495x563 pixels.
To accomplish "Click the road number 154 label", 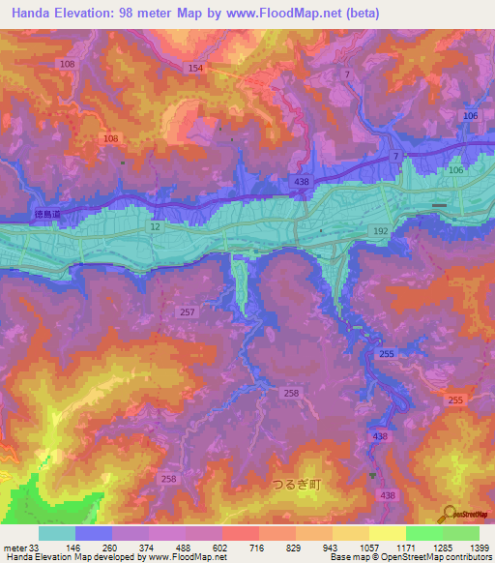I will (195, 68).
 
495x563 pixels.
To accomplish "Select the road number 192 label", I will (381, 232).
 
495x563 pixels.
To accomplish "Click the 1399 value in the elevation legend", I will (479, 547).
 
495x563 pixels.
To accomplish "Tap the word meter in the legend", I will (14, 547).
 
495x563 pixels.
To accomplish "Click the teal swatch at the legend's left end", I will (57, 533).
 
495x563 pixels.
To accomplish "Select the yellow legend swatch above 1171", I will (387, 533).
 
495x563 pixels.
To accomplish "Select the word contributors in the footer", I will (466, 557).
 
